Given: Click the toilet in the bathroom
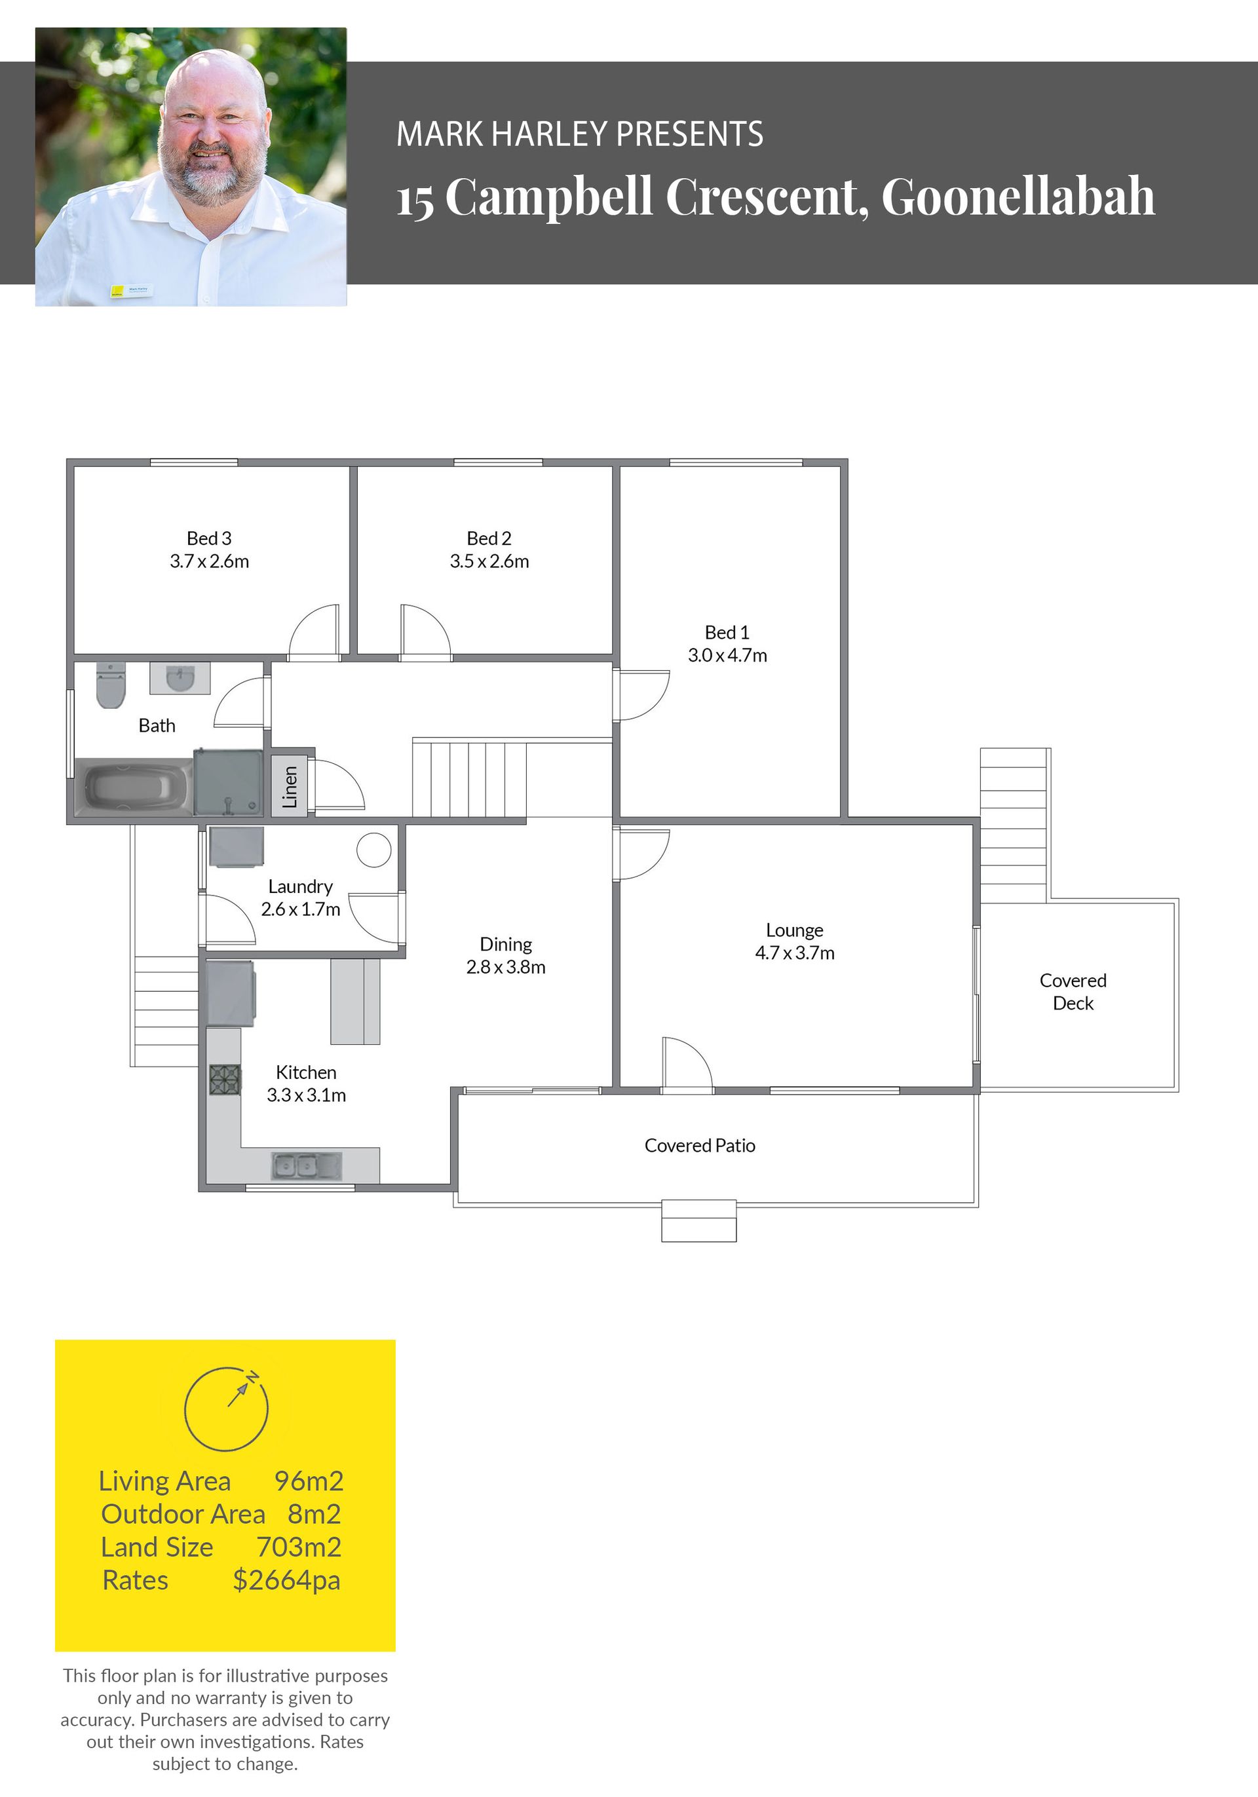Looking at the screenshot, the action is (110, 685).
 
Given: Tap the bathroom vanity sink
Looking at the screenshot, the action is (180, 678).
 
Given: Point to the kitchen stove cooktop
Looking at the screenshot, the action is (225, 1080).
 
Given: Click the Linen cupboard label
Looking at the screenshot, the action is (290, 787).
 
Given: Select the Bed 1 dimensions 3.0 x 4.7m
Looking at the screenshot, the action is (727, 655).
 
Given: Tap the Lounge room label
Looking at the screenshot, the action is (795, 930).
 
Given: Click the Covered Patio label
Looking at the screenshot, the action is (700, 1145).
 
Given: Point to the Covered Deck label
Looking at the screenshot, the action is (1073, 992).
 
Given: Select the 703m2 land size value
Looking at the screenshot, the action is (299, 1547).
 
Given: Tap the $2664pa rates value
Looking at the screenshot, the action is (286, 1580).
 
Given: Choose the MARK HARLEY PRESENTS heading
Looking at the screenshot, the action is (580, 134).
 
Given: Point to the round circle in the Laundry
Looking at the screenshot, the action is (374, 850).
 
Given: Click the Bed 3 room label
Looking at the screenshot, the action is (209, 538).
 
